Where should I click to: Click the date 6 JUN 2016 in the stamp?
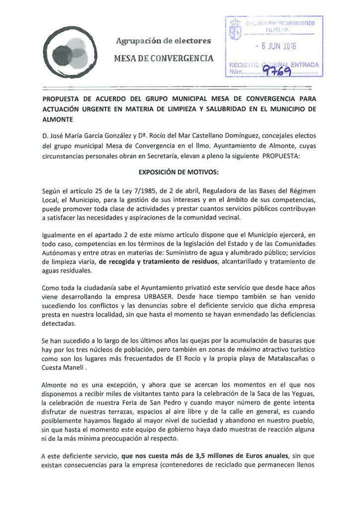[274, 47]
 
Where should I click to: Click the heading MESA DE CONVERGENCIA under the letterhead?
[164, 58]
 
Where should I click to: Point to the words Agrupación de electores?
[163, 40]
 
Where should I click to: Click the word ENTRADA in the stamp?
[304, 65]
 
